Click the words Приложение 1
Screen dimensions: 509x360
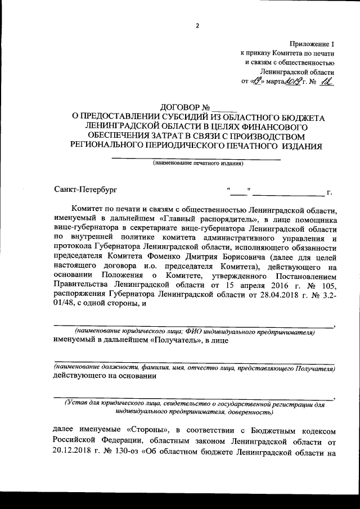click(x=313, y=43)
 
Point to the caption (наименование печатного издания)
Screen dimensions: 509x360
click(x=197, y=164)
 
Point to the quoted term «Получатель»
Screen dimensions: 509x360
click(x=174, y=340)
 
